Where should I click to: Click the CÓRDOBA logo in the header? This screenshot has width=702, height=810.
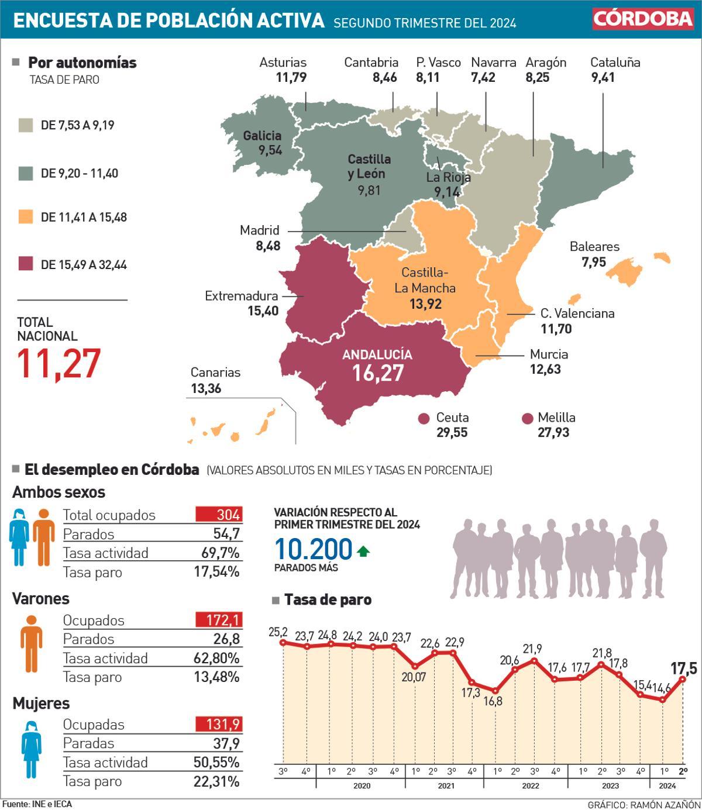[x=643, y=19]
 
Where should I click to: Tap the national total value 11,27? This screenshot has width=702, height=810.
[x=58, y=363]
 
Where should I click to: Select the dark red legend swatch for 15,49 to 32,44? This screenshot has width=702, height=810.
[x=26, y=264]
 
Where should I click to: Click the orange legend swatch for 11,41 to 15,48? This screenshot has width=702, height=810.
[x=26, y=217]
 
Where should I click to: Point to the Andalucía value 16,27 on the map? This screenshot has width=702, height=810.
[x=377, y=373]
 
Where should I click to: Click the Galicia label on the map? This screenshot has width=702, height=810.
[x=262, y=136]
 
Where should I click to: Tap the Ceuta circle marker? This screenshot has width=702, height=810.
[x=425, y=419]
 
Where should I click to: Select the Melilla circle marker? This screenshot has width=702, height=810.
[x=528, y=419]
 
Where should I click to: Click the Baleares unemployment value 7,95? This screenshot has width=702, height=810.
[x=593, y=262]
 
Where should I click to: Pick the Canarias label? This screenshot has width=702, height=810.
[x=215, y=373]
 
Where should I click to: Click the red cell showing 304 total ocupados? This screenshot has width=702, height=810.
[x=218, y=515]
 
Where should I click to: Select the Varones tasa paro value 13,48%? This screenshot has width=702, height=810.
[x=216, y=677]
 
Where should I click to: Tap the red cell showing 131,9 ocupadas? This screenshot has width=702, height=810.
[x=218, y=724]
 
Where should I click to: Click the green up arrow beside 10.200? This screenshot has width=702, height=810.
[x=363, y=550]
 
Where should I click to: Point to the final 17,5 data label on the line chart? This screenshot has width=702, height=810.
[x=683, y=668]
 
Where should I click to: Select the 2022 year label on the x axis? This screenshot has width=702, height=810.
[x=530, y=785]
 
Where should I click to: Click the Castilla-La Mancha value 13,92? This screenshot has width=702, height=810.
[x=425, y=304]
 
